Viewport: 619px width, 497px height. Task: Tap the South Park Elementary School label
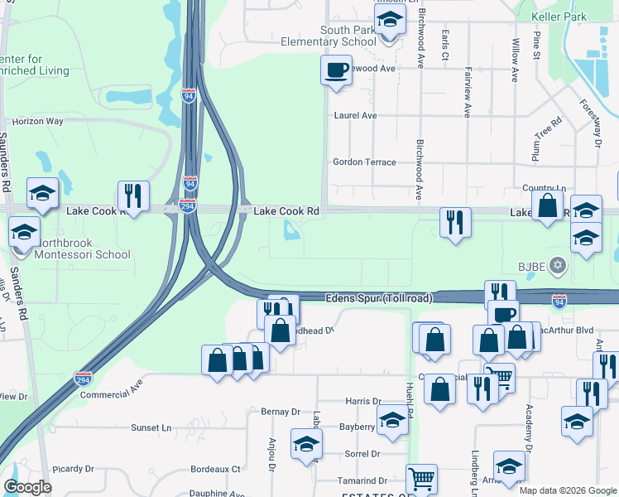pyautogui.click(x=328, y=36)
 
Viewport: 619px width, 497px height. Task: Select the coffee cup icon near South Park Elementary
pyautogui.click(x=336, y=70)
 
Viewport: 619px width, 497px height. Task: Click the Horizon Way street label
pyautogui.click(x=38, y=121)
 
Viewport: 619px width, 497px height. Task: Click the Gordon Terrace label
pyautogui.click(x=364, y=162)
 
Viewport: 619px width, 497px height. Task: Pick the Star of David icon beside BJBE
pyautogui.click(x=558, y=265)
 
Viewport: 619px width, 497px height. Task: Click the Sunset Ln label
pyautogui.click(x=151, y=427)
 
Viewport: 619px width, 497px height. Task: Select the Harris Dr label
pyautogui.click(x=363, y=401)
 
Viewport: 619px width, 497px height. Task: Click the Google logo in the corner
pyautogui.click(x=28, y=487)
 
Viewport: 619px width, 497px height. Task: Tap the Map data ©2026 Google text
pyautogui.click(x=567, y=490)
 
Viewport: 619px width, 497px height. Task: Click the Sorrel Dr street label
pyautogui.click(x=362, y=454)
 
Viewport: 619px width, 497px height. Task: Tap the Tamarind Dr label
pyautogui.click(x=362, y=480)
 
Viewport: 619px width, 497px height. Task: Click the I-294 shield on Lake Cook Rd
pyautogui.click(x=188, y=205)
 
